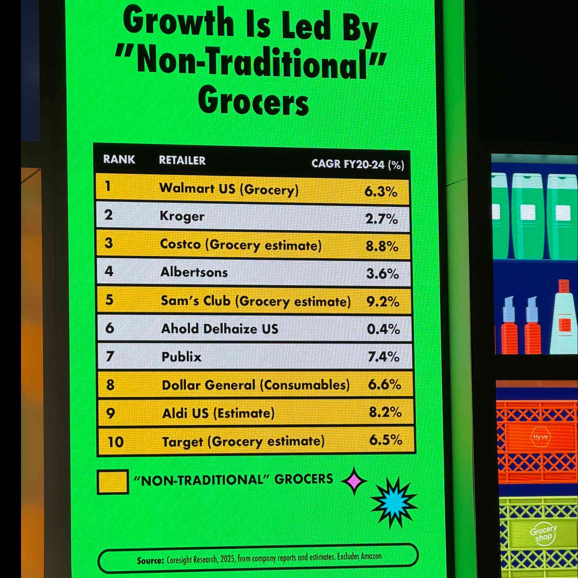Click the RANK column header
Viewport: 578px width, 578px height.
pyautogui.click(x=119, y=160)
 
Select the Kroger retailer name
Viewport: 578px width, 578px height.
pyautogui.click(x=182, y=216)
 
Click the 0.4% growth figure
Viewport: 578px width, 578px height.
pyautogui.click(x=383, y=329)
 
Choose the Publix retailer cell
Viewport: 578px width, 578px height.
pyautogui.click(x=181, y=357)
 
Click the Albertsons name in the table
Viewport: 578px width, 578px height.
pyautogui.click(x=194, y=272)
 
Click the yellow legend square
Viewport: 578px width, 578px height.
pyautogui.click(x=113, y=482)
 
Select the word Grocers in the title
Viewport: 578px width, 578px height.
pyautogui.click(x=253, y=102)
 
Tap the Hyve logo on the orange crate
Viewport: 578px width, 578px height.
pyautogui.click(x=540, y=437)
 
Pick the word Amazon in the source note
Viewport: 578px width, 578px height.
pyautogui.click(x=371, y=556)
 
